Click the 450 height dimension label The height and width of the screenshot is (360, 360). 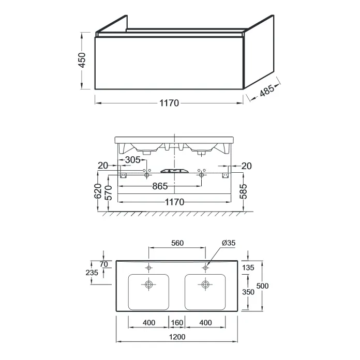[82, 60]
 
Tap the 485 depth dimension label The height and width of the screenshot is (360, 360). [267, 90]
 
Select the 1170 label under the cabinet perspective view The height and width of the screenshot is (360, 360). [169, 103]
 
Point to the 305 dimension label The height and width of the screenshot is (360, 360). [132, 160]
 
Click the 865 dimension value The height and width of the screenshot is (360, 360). [160, 186]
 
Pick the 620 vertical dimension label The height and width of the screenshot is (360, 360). [98, 191]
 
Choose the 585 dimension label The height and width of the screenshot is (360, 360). [243, 191]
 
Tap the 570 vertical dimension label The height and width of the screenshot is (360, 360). [109, 193]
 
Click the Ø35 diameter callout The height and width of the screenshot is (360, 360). [229, 243]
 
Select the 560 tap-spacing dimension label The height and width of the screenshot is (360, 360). [177, 243]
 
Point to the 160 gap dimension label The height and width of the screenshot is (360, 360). [177, 323]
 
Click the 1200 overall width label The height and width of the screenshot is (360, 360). [177, 337]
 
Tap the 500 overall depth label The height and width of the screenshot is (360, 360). [262, 286]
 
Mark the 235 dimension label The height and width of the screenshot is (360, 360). [92, 273]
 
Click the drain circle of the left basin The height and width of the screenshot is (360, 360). [149, 284]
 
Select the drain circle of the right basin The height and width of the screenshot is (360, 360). [205, 284]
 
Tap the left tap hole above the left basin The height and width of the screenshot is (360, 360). [149, 268]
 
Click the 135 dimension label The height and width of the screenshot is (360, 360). [248, 267]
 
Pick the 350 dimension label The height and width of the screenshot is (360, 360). [248, 292]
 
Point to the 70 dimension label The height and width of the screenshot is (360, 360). [104, 264]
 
